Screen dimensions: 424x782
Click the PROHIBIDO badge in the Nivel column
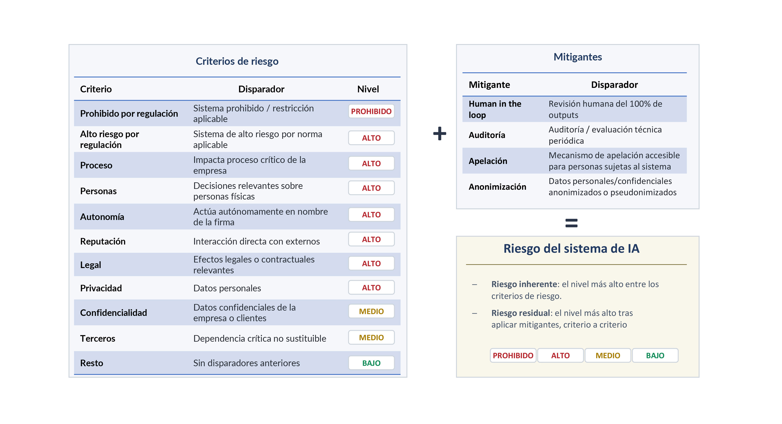click(371, 111)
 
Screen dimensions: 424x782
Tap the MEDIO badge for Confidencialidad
click(371, 311)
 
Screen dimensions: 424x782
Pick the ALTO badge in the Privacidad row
click(371, 287)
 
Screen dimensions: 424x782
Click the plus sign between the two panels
click(439, 133)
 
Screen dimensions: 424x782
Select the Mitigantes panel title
click(577, 57)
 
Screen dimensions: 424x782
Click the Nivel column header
click(368, 89)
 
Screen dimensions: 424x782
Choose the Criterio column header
click(96, 89)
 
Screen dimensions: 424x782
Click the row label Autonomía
click(102, 217)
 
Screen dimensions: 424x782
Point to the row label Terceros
click(97, 338)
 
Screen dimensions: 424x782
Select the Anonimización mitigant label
click(497, 187)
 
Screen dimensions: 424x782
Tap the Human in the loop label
click(495, 109)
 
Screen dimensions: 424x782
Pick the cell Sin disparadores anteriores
click(246, 363)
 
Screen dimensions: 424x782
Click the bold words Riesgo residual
click(520, 313)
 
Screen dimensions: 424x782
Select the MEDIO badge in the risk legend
click(607, 355)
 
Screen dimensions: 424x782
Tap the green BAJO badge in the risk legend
click(655, 355)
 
